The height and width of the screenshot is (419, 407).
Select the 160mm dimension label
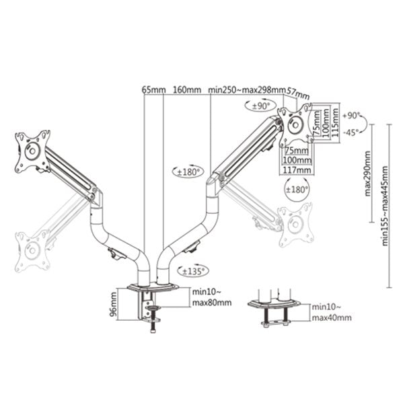click(186, 89)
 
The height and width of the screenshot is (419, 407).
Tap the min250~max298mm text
click(247, 89)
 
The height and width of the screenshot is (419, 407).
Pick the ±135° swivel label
click(194, 271)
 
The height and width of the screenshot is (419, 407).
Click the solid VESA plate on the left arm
click(32, 150)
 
